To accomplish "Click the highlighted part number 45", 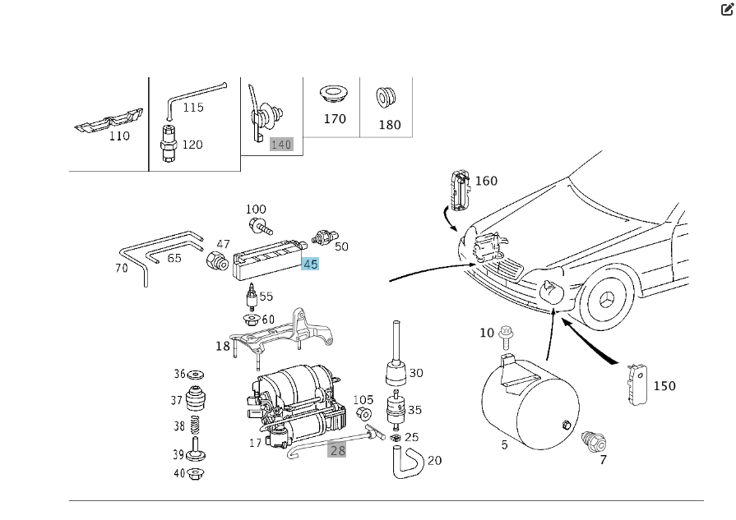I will (310, 265).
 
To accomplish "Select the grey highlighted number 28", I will (337, 449).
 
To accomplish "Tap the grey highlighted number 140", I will (281, 145).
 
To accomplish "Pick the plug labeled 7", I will (590, 440).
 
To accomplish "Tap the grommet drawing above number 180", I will (385, 97).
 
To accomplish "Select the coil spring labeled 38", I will (197, 426).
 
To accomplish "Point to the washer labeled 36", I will (197, 375).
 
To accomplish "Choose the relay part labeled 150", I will (634, 384).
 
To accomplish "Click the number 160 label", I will (486, 181).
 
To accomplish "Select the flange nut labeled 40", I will (197, 473).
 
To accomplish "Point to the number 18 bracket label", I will (223, 346).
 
